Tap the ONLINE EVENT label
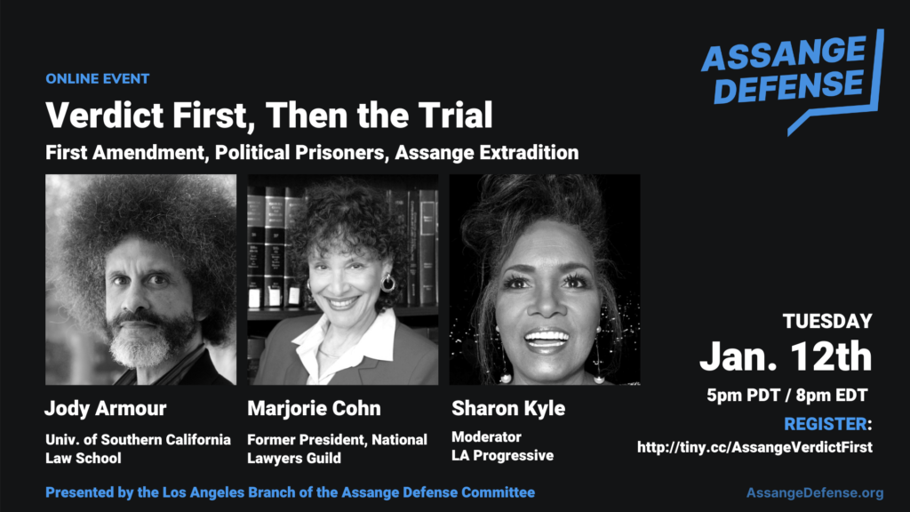click(x=98, y=79)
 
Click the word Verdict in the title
click(x=104, y=115)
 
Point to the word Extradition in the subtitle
click(x=528, y=153)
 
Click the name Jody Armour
click(x=106, y=408)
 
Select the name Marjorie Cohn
click(x=314, y=408)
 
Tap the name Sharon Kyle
click(x=508, y=408)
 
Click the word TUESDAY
click(x=827, y=321)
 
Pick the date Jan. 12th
click(x=786, y=356)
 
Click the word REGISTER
click(x=826, y=424)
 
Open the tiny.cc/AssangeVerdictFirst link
click(x=754, y=447)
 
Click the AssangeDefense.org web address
click(x=815, y=492)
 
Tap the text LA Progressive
click(x=503, y=456)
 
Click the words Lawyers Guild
click(x=294, y=458)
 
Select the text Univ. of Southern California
click(x=138, y=439)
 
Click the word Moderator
click(x=486, y=436)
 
